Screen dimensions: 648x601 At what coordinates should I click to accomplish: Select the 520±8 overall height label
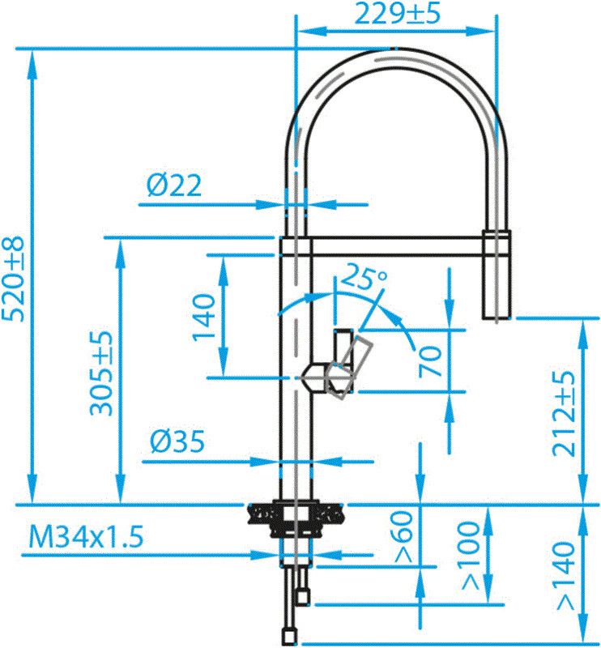tap(15, 279)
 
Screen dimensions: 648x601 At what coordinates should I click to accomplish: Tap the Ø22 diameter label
tap(175, 186)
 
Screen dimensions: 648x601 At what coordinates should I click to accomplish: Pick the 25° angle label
tap(364, 279)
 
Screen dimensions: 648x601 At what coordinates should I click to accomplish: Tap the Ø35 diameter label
tap(177, 442)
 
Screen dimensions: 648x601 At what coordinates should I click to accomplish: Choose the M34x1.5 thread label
tap(86, 536)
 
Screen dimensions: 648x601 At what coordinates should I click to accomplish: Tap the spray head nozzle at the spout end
tap(496, 279)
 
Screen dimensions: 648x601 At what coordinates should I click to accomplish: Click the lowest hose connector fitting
tap(289, 633)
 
